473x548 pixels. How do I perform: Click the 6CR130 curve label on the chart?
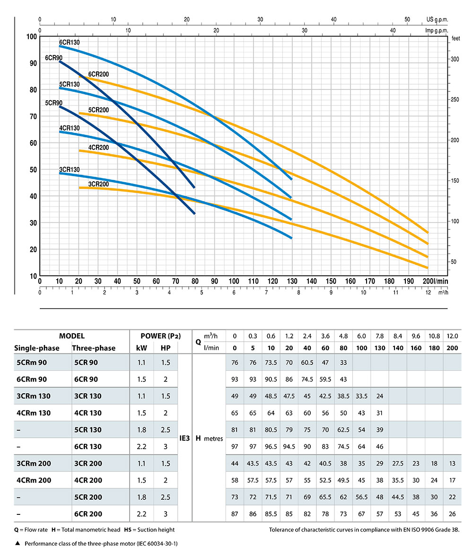tap(70, 42)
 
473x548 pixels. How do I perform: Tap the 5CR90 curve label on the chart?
tap(53, 103)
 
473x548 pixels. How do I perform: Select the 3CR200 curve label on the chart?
tap(98, 184)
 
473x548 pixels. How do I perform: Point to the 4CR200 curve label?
tap(99, 147)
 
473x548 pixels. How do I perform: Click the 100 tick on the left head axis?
tap(31, 37)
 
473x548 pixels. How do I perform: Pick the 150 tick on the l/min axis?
tap(331, 281)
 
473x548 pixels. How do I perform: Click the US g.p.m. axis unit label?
tap(437, 19)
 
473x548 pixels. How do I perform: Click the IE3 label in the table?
tap(185, 438)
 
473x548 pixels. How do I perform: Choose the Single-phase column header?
tap(37, 348)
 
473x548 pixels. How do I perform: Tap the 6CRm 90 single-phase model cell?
tap(32, 379)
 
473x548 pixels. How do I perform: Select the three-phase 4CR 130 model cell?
tap(88, 413)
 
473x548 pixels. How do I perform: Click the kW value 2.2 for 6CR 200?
tap(141, 513)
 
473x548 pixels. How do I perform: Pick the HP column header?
tap(165, 348)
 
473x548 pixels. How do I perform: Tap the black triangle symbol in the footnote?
tap(18, 543)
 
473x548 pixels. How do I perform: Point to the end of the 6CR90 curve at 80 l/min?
tap(194, 187)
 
